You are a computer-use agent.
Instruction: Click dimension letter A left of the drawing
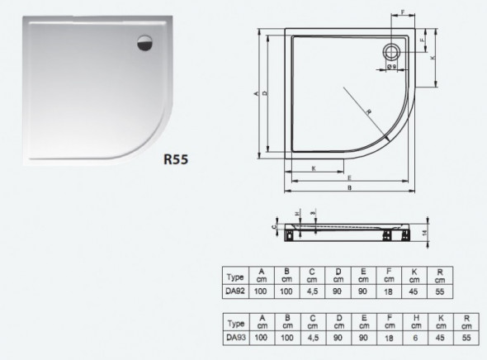coord(257,93)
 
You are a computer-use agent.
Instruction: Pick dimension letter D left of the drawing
coord(265,93)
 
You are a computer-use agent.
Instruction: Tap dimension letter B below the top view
coord(352,188)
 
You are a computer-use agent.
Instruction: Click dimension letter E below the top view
coord(350,178)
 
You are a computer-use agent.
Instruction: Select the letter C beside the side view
coord(273,223)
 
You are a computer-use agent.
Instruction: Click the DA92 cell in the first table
coord(236,291)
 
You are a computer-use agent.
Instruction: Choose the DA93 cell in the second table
coord(236,337)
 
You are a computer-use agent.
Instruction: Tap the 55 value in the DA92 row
coord(442,291)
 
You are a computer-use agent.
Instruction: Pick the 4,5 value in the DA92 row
coord(314,291)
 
